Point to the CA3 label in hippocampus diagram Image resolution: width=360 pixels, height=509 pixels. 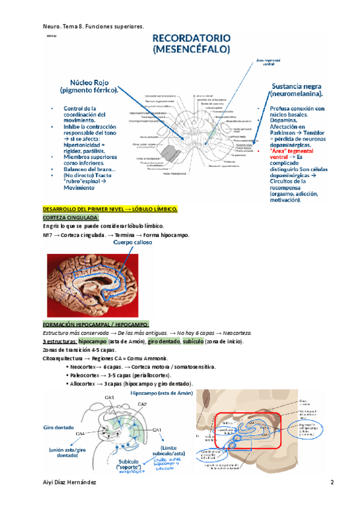[109, 398]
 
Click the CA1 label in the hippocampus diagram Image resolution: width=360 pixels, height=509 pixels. [157, 430]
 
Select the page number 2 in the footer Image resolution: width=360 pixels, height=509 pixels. [332, 483]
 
